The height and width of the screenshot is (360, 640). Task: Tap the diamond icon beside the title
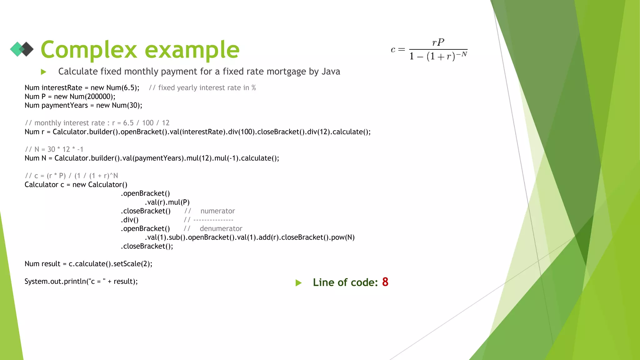click(22, 49)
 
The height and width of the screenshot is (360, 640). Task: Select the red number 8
click(385, 282)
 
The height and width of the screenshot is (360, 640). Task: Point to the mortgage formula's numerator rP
click(438, 42)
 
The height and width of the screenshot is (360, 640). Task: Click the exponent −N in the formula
click(462, 54)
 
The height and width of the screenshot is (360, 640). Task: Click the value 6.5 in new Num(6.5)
click(130, 88)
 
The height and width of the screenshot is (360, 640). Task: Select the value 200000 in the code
click(99, 97)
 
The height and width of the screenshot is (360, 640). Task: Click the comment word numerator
click(217, 211)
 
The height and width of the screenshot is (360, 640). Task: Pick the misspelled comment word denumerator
click(221, 229)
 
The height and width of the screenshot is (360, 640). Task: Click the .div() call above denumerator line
click(130, 220)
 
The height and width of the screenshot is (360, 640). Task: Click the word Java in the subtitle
click(331, 72)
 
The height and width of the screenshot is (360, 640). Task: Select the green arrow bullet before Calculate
click(44, 72)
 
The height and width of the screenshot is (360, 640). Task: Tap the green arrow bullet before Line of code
click(298, 283)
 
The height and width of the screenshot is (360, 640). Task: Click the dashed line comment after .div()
click(213, 220)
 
